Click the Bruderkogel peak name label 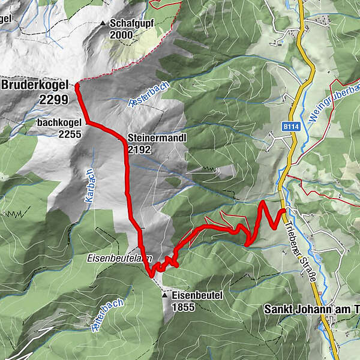(34, 85)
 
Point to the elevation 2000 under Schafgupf (122, 35)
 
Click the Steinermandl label (158, 137)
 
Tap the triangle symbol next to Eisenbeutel (165, 295)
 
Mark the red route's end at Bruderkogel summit (78, 86)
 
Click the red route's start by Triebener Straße (283, 211)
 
